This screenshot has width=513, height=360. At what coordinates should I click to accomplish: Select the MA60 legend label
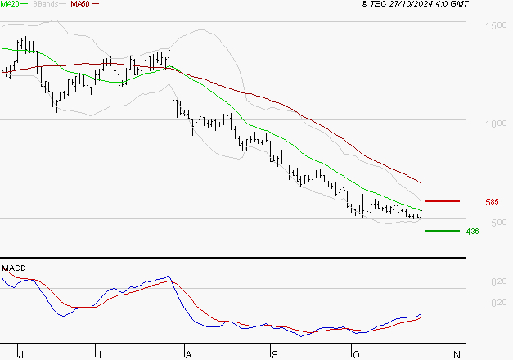[80, 4]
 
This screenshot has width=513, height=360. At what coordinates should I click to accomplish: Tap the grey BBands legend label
[45, 4]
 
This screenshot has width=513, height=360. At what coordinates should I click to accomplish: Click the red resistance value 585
[492, 201]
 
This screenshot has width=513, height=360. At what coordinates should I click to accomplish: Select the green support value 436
[472, 232]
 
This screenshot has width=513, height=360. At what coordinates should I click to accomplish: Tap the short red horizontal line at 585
[442, 200]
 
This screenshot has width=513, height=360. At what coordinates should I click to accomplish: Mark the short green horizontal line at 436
[442, 231]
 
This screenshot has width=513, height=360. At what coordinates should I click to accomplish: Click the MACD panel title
[14, 268]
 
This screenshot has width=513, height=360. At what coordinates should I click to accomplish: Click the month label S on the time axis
[274, 354]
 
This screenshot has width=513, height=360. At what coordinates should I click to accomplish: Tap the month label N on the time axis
[457, 354]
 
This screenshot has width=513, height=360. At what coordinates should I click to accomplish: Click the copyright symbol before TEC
[365, 4]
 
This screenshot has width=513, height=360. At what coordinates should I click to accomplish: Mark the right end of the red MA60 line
[421, 182]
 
